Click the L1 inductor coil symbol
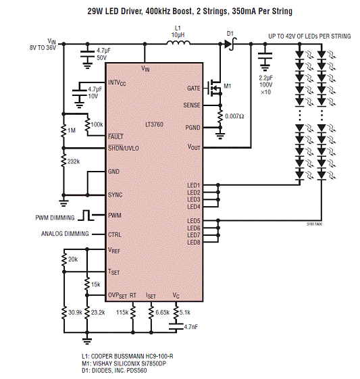tap(178, 43)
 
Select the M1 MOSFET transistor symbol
tap(214, 88)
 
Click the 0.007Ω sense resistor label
tap(234, 116)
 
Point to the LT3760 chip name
tap(154, 124)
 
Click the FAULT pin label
tap(115, 136)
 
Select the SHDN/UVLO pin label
tap(123, 148)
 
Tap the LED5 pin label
tap(194, 221)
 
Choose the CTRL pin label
tap(115, 234)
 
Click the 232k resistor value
tap(74, 161)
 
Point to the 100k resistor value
tap(97, 124)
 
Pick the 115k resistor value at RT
tap(122, 313)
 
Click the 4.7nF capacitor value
tap(191, 327)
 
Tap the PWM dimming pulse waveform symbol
tap(86, 215)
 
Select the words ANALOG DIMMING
tap(65, 234)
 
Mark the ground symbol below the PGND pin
tap(220, 136)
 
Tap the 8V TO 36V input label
tap(43, 47)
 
